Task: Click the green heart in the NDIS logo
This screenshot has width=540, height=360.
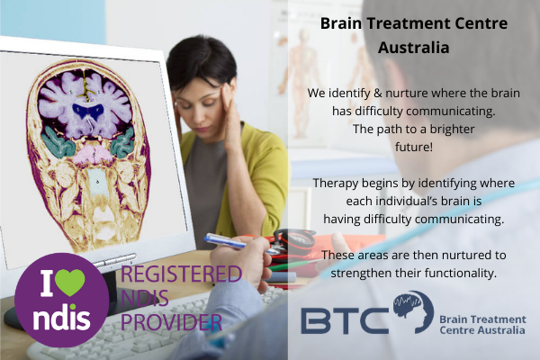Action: (70, 282)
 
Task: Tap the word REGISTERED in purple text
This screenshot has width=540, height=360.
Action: (181, 274)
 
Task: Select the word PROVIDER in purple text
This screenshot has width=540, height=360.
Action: (171, 322)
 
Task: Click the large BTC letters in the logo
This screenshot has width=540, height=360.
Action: (345, 321)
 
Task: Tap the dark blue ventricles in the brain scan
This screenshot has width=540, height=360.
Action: (88, 111)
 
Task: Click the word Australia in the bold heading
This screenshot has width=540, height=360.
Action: (414, 47)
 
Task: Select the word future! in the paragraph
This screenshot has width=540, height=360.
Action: (414, 147)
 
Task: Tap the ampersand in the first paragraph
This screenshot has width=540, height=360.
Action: (377, 93)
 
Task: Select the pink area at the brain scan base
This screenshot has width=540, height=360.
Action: (92, 154)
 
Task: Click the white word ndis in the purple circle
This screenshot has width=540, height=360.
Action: (61, 317)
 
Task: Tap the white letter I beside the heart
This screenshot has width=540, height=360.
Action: (47, 283)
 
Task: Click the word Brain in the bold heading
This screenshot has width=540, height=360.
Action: (341, 23)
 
